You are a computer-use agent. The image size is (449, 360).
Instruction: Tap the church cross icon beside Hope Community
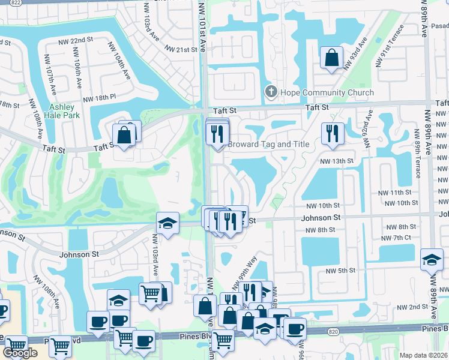point(271,92)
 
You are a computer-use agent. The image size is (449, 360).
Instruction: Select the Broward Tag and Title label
point(268,145)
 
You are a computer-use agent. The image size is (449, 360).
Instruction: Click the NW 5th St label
point(341,271)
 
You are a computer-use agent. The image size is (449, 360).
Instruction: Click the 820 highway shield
point(334,331)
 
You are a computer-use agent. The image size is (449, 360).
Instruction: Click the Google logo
point(20,353)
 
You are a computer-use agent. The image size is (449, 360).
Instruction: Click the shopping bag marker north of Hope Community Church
point(331,58)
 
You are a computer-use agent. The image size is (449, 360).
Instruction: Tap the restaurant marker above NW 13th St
point(332,134)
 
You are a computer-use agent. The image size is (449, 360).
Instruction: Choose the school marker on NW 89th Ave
point(432,259)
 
